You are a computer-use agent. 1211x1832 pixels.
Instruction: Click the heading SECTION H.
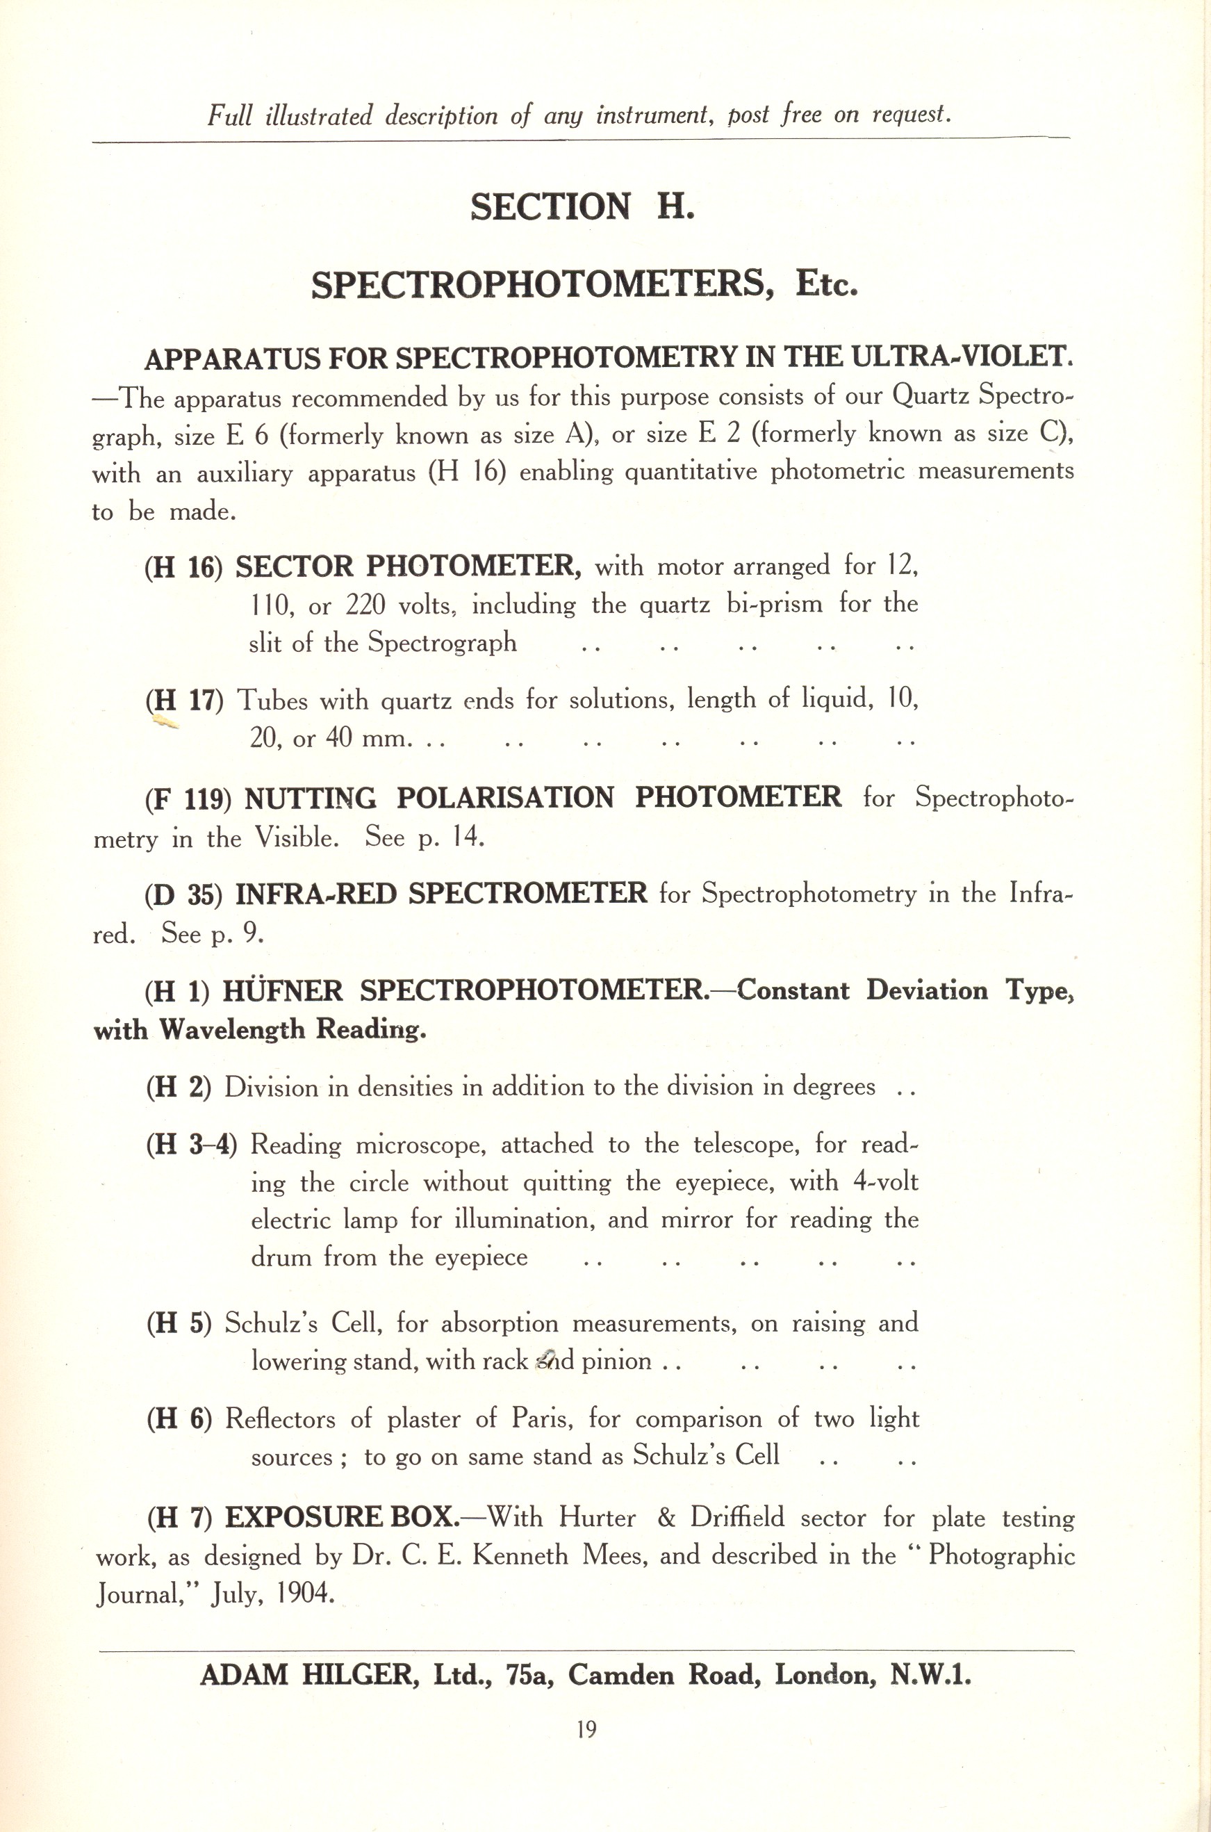coord(582,207)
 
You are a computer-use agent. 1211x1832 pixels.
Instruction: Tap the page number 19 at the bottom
coord(587,1729)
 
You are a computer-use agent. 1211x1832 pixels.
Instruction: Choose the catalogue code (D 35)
coord(184,895)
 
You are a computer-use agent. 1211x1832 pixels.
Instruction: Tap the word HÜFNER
coord(283,991)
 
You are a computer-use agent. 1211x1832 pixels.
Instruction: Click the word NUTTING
coord(311,799)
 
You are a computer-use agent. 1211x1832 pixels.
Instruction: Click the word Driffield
coord(738,1517)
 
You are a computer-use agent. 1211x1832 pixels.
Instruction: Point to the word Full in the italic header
coord(229,117)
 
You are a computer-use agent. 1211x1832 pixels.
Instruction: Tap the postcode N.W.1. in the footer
coord(930,1674)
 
